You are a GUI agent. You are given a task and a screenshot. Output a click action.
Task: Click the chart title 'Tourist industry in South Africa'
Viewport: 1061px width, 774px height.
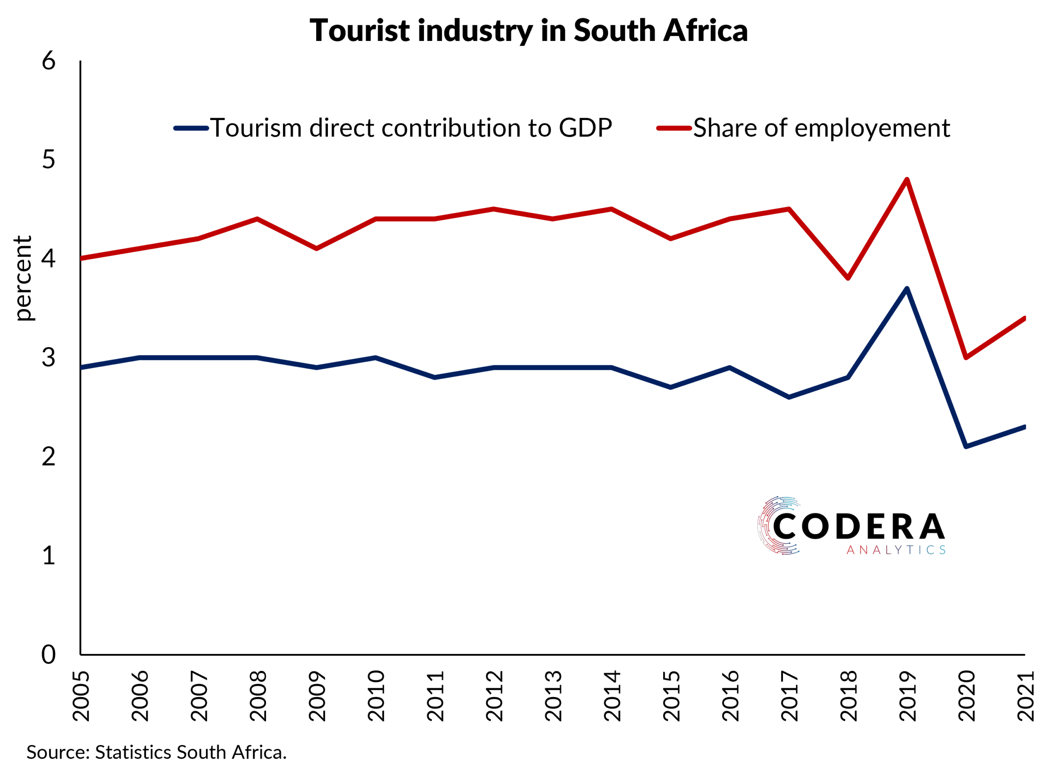[x=528, y=31]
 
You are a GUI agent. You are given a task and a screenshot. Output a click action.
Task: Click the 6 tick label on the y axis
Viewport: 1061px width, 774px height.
[x=49, y=61]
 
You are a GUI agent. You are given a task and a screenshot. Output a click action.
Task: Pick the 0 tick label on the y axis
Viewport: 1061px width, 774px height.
[x=49, y=655]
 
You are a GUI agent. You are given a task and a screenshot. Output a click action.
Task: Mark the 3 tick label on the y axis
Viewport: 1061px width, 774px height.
[x=49, y=358]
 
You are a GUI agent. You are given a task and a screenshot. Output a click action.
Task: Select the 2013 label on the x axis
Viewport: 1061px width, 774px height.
[x=554, y=696]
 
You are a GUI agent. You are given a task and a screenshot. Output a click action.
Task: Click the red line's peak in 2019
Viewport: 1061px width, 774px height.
[x=907, y=179]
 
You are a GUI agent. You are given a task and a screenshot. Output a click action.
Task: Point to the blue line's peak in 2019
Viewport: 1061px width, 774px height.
[x=907, y=289]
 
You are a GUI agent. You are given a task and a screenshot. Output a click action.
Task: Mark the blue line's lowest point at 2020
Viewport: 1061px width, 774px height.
[x=966, y=446]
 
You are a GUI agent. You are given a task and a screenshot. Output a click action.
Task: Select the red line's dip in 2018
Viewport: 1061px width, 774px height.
[x=848, y=278]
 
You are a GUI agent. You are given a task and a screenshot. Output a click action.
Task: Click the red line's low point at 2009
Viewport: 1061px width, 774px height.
[x=317, y=249]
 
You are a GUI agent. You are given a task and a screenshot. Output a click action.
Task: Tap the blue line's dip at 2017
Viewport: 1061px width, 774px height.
[x=789, y=397]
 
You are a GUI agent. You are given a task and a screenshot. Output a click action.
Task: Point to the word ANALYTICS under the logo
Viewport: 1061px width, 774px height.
[x=896, y=550]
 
